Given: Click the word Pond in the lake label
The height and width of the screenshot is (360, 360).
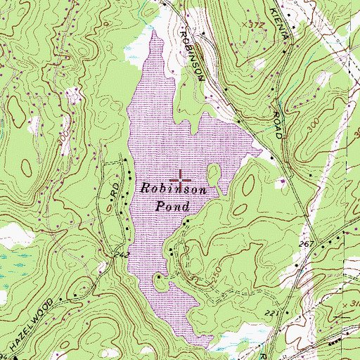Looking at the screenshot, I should [172, 207].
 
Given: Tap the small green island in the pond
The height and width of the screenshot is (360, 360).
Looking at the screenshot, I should [213, 172].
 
